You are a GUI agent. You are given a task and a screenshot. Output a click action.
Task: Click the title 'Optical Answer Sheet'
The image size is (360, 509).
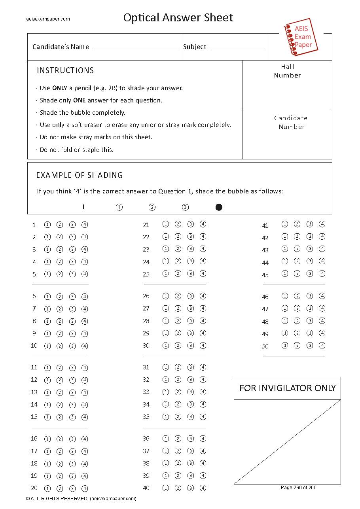(x=178, y=17)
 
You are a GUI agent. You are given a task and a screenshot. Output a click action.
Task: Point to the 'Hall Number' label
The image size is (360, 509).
(x=287, y=71)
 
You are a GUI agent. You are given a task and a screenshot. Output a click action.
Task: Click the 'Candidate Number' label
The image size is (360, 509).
(x=291, y=122)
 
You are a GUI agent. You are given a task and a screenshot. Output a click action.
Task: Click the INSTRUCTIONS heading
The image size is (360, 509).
(x=65, y=70)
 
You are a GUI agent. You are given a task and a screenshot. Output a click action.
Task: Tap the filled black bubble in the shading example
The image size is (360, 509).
(x=219, y=207)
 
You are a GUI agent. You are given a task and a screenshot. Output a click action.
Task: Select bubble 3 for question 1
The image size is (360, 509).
(x=72, y=225)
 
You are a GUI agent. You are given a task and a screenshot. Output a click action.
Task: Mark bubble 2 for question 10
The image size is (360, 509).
(x=60, y=346)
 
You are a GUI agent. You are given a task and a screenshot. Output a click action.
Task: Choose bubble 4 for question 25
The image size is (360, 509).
(x=203, y=274)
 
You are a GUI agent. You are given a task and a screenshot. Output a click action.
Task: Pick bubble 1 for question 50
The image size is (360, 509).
(x=284, y=345)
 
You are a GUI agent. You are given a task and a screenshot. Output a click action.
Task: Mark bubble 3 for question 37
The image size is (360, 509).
(x=190, y=451)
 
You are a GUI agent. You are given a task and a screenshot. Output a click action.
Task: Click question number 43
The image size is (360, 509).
(x=265, y=250)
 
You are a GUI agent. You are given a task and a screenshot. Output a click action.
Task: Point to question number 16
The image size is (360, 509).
(x=34, y=438)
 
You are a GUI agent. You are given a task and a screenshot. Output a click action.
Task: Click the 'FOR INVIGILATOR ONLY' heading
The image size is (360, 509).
(x=287, y=388)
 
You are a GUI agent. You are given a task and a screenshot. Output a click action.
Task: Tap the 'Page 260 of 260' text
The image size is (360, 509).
(x=298, y=487)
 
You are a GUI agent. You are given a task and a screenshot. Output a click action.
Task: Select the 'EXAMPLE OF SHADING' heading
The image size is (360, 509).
(x=80, y=175)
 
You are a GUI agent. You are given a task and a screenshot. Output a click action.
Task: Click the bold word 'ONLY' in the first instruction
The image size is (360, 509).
(x=59, y=88)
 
